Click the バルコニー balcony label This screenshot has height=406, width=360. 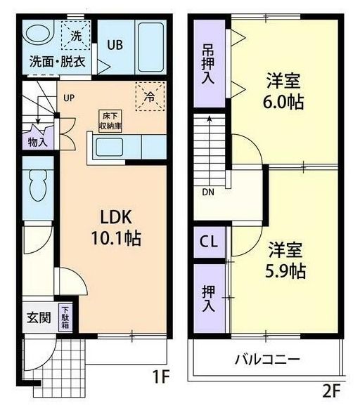click(x=267, y=359)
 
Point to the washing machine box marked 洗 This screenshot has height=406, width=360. click(x=74, y=34)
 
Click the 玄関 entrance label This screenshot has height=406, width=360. click(x=39, y=317)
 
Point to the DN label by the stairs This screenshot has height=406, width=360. click(x=208, y=192)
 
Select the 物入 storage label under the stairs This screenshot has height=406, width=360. click(x=38, y=141)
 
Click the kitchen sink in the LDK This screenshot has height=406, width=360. click(x=112, y=148)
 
